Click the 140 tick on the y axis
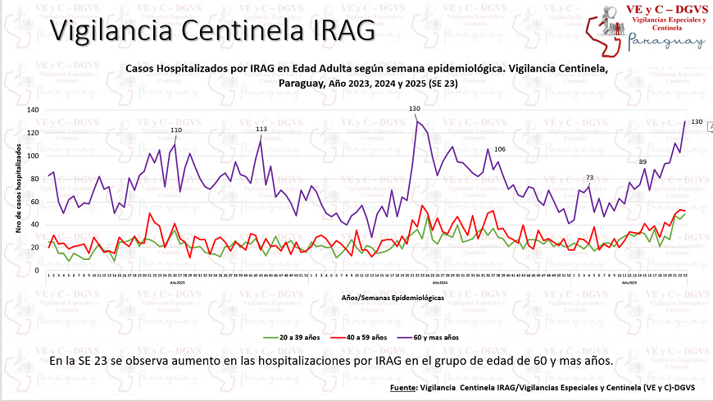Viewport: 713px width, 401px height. (34, 110)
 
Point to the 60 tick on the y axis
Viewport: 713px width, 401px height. (35, 202)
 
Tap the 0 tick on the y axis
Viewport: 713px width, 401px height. (38, 271)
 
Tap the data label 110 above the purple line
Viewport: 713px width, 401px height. (176, 130)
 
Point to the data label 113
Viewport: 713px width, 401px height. (261, 129)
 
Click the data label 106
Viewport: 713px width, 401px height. (500, 148)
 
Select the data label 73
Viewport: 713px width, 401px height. (589, 177)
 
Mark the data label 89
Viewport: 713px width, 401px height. (643, 162)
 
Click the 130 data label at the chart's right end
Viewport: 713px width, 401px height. (697, 122)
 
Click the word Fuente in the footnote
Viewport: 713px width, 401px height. (404, 387)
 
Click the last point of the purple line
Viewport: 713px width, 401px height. (684, 121)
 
